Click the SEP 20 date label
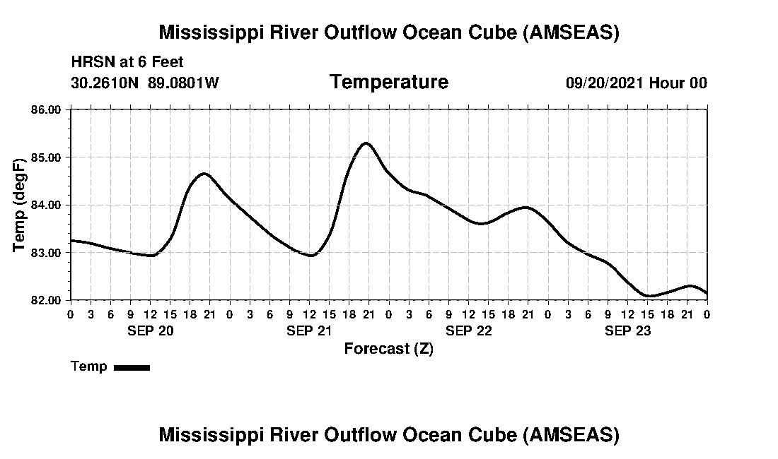tap(151, 330)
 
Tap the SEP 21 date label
tap(310, 330)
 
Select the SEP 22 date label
tap(469, 330)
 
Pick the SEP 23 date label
tap(628, 330)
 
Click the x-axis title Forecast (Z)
tap(389, 349)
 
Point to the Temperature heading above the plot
tap(389, 83)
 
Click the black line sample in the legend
tap(132, 367)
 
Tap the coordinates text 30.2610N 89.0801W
tap(145, 83)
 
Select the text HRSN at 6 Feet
tap(127, 62)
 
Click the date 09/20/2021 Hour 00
tap(636, 83)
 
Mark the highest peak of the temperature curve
tap(366, 143)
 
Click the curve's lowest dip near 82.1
tap(649, 296)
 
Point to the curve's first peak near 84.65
tap(204, 173)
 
